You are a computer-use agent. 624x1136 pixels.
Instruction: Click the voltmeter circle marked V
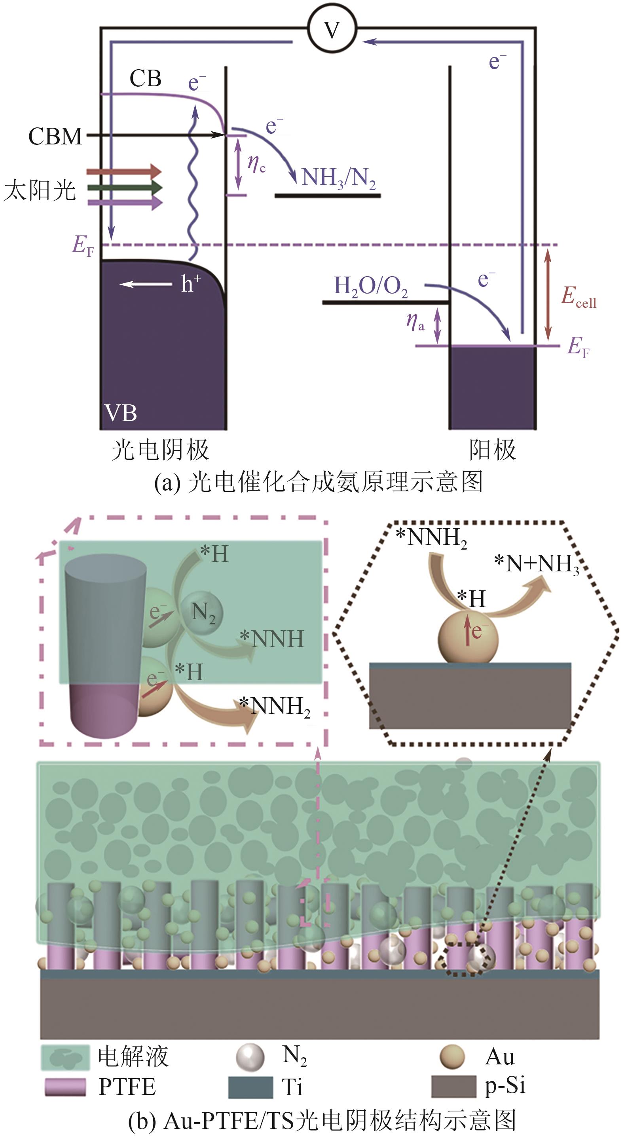click(x=332, y=30)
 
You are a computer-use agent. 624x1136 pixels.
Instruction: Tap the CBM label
click(x=55, y=136)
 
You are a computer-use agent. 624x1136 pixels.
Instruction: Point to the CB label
click(x=145, y=78)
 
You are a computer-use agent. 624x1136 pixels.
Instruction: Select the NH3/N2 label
click(x=339, y=178)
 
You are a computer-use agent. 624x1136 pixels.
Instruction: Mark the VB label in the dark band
click(x=121, y=413)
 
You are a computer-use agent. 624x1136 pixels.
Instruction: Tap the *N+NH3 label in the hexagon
click(x=537, y=564)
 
